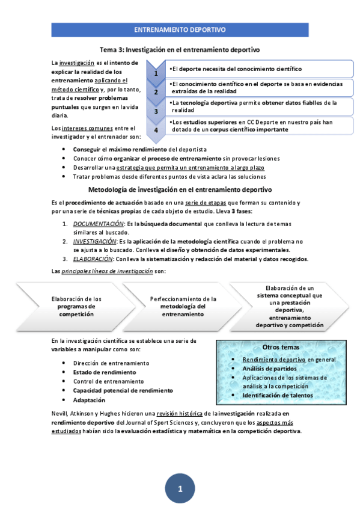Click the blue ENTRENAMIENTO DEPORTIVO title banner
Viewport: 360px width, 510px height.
(x=180, y=29)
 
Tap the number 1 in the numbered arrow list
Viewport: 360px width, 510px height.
(x=156, y=73)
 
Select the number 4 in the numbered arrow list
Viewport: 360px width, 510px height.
(x=156, y=129)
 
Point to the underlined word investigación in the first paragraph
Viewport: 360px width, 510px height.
(x=76, y=63)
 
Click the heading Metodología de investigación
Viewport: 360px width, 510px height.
(x=180, y=189)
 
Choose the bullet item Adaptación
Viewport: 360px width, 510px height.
(x=89, y=400)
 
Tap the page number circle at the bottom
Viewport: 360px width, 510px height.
(x=180, y=488)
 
